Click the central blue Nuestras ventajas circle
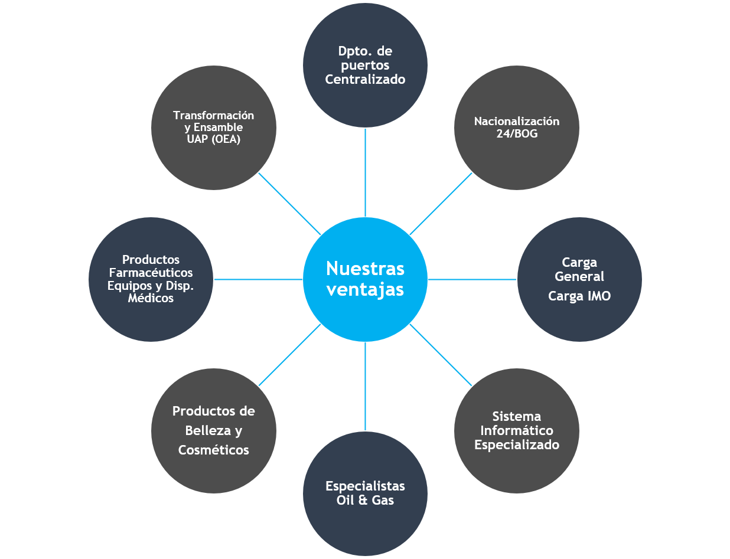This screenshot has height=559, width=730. [x=365, y=279]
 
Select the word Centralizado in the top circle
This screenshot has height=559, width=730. [x=365, y=79]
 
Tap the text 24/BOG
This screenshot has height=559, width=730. [x=517, y=134]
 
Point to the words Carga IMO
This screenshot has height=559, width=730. [x=579, y=296]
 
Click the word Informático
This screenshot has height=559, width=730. [x=517, y=431]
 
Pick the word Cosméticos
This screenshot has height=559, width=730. [x=214, y=450]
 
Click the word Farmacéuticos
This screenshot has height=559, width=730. [x=151, y=273]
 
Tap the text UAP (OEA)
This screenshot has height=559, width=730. [x=214, y=139]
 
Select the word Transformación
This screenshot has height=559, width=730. [x=214, y=116]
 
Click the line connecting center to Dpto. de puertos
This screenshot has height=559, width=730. [x=365, y=172]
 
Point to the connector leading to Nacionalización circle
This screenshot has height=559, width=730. [x=441, y=204]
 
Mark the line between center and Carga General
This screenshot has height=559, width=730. [x=472, y=279]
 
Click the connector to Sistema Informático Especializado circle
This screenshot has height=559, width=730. [x=441, y=355]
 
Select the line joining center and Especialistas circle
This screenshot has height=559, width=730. [x=365, y=387]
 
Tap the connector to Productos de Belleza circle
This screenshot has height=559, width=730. [x=289, y=355]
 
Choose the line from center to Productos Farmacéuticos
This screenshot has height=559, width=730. [x=258, y=279]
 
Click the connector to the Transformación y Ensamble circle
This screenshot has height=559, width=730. [x=289, y=204]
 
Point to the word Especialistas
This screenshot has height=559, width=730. [x=365, y=486]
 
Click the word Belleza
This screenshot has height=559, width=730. [x=214, y=431]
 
